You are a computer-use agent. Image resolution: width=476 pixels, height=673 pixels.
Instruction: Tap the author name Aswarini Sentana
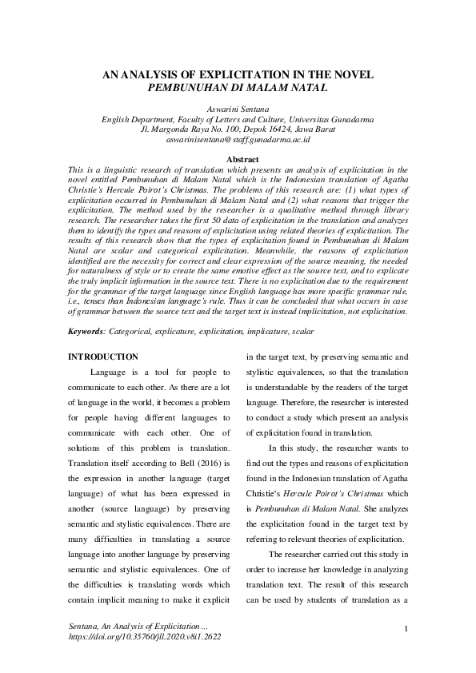[238, 108]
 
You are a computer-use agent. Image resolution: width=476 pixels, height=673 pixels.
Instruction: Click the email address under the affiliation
[238, 139]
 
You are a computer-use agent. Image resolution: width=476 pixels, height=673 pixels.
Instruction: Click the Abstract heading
[238, 160]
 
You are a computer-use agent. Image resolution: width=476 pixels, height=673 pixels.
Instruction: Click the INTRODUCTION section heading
[103, 356]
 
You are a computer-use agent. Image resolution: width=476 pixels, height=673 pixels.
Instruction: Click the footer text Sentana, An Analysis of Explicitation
[138, 628]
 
